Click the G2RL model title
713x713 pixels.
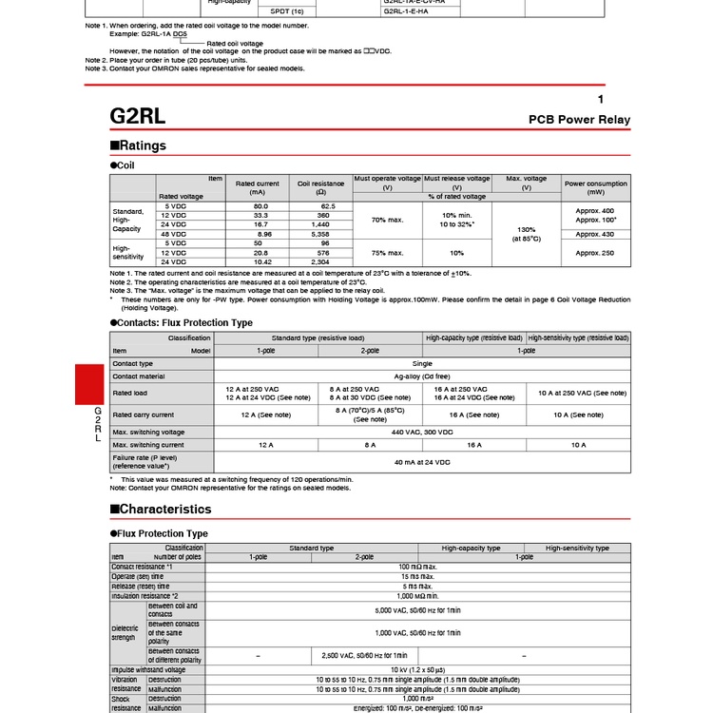(140, 116)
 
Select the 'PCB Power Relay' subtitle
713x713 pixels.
(579, 120)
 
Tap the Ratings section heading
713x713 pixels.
(139, 145)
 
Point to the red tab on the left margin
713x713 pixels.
(88, 384)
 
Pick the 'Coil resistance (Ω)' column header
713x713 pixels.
(318, 187)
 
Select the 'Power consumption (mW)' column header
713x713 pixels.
(596, 187)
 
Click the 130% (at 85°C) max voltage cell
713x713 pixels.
(527, 234)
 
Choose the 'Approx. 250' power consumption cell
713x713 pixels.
(596, 253)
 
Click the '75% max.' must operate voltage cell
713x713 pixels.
(387, 253)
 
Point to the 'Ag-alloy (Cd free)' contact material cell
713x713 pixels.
(422, 376)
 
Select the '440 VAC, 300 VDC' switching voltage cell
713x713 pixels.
(422, 432)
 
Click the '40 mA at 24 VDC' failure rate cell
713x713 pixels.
(422, 461)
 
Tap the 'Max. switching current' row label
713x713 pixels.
(148, 445)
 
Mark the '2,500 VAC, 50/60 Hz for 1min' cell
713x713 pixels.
(365, 655)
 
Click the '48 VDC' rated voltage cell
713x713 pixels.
(176, 233)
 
